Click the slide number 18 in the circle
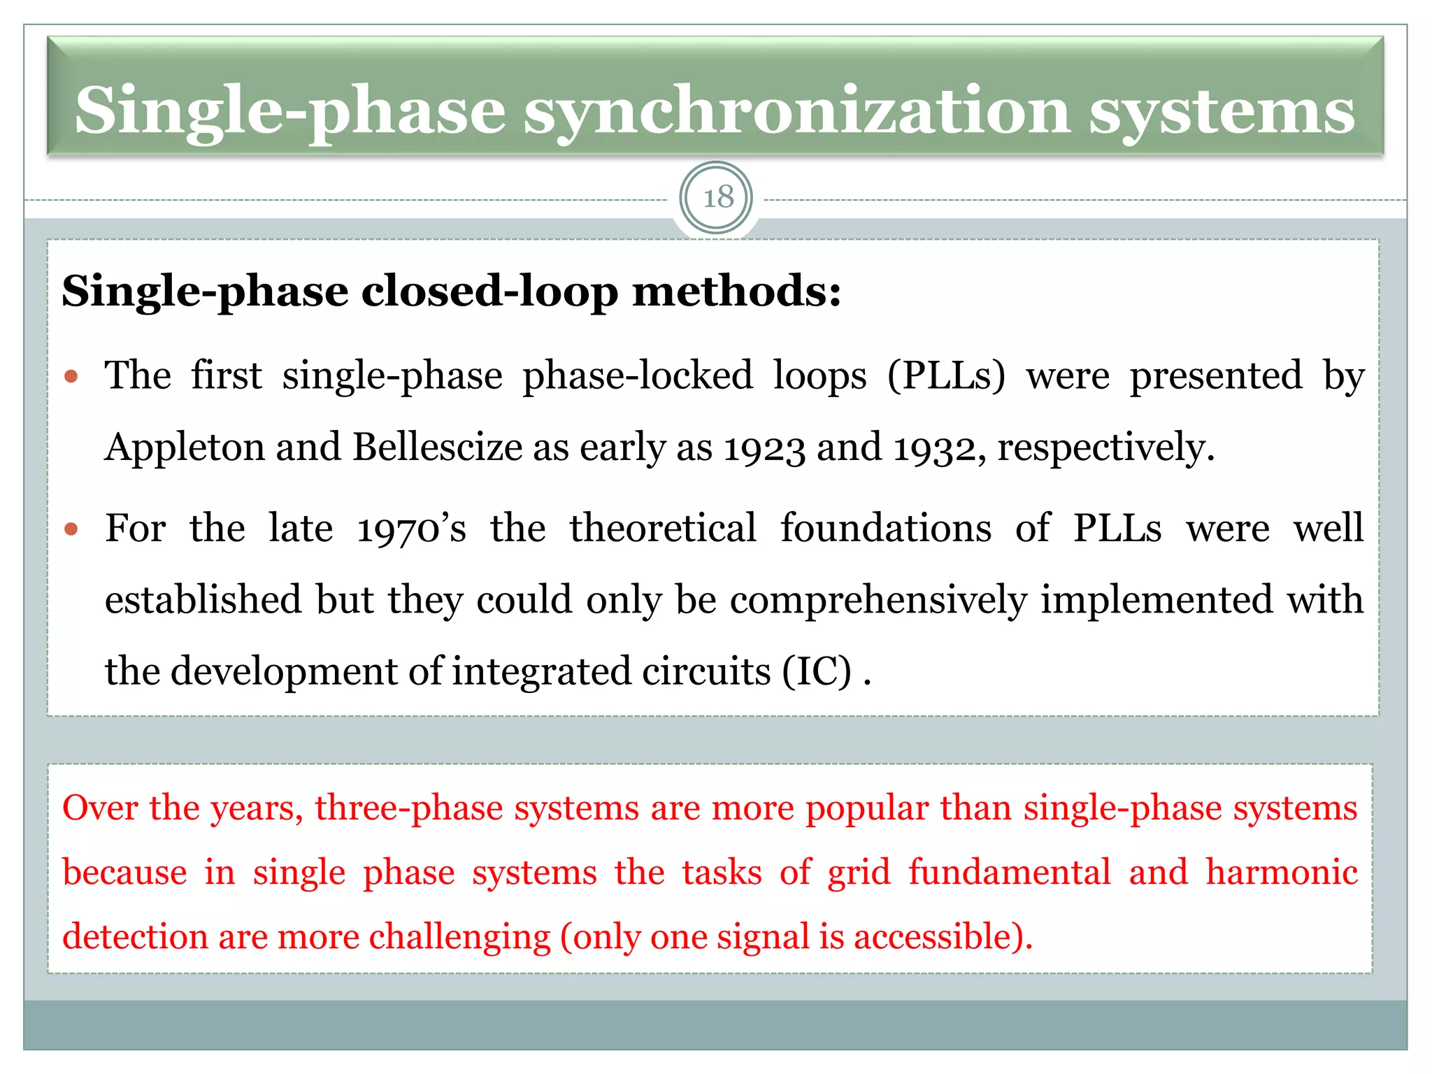coord(717,198)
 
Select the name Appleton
coord(184,447)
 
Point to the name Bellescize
coord(438,447)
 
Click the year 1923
coord(764,448)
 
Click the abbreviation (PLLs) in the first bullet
coord(946,375)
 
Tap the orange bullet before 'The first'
coord(71,378)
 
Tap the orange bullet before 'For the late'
coord(71,529)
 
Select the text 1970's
coord(411,529)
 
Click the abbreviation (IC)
coord(817,671)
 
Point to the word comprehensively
coord(878,600)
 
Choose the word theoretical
coord(662,528)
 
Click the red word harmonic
coord(1281,873)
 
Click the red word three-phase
coord(409,808)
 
